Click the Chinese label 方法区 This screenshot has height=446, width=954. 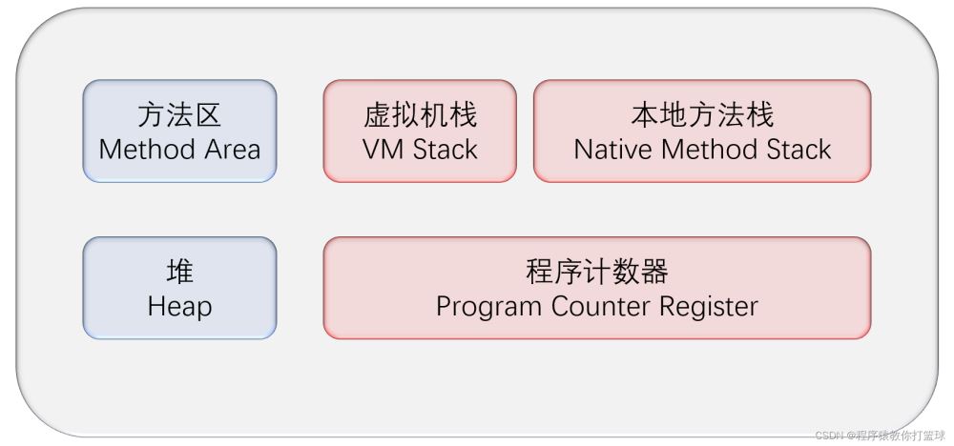(179, 115)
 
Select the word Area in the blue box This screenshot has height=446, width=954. (230, 150)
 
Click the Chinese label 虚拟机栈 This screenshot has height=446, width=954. (420, 115)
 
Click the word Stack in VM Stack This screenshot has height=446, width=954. (444, 150)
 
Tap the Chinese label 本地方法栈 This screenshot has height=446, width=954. (702, 115)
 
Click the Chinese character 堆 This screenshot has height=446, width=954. (179, 273)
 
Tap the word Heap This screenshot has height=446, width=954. (179, 307)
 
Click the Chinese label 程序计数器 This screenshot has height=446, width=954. (597, 273)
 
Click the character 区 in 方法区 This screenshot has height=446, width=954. (208, 115)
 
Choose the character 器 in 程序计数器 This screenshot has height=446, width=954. (654, 273)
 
